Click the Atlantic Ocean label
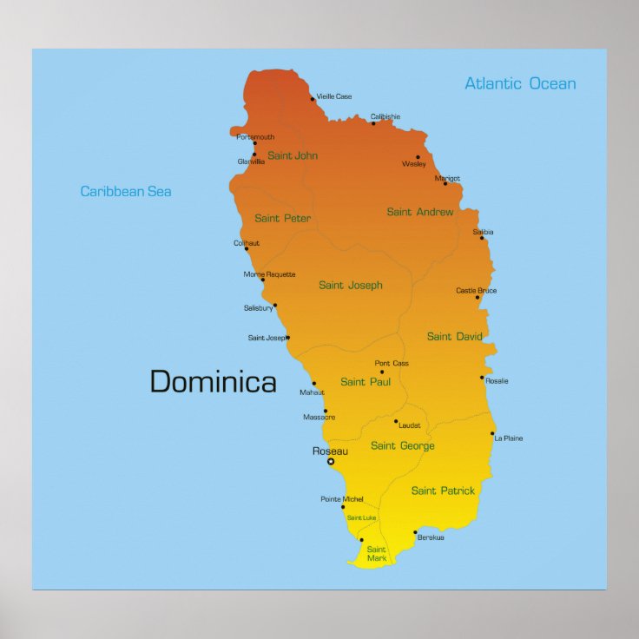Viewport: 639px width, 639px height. pyautogui.click(x=520, y=84)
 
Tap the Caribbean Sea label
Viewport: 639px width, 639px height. pyautogui.click(x=126, y=191)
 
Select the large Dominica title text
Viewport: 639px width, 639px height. pyautogui.click(x=214, y=381)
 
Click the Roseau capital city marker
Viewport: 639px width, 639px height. pyautogui.click(x=330, y=462)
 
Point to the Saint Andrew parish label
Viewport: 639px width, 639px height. pyautogui.click(x=420, y=212)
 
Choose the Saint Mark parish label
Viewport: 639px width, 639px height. pyautogui.click(x=376, y=554)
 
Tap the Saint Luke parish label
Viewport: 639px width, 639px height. pyautogui.click(x=362, y=518)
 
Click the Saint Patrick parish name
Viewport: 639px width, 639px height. pyautogui.click(x=443, y=491)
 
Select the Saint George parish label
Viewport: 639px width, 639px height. pyautogui.click(x=403, y=446)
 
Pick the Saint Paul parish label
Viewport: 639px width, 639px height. pyautogui.click(x=366, y=382)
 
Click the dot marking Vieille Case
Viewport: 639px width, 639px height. pyautogui.click(x=313, y=99)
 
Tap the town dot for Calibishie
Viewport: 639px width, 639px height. pyautogui.click(x=373, y=123)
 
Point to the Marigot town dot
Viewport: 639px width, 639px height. pyautogui.click(x=445, y=183)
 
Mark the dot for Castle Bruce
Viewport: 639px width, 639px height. pyautogui.click(x=477, y=298)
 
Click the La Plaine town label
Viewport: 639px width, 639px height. pyautogui.click(x=509, y=438)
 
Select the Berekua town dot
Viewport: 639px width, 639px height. pyautogui.click(x=415, y=532)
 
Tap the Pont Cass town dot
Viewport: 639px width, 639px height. pyautogui.click(x=381, y=372)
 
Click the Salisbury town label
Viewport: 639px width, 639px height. pyautogui.click(x=258, y=308)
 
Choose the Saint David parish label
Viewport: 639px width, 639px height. pyautogui.click(x=455, y=336)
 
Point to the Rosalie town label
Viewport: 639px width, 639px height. pyautogui.click(x=497, y=381)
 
